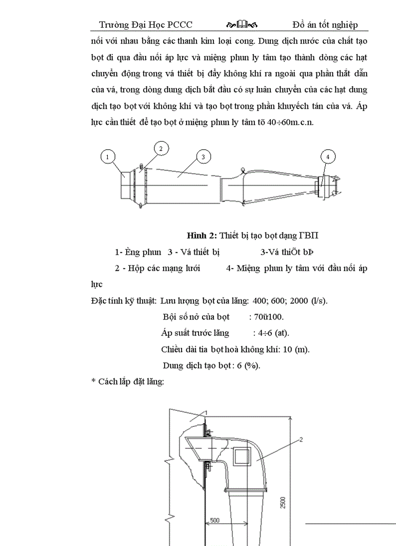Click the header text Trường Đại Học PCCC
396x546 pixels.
(x=146, y=24)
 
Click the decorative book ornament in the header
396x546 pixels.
(x=242, y=24)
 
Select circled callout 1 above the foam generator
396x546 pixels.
(x=108, y=156)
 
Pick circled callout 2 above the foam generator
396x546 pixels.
(x=162, y=148)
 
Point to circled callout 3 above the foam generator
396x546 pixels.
(x=203, y=156)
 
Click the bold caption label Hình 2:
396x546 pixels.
(x=202, y=236)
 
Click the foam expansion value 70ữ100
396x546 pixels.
(x=266, y=317)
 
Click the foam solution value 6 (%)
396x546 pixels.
(x=248, y=366)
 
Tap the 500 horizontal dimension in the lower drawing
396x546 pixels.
(x=214, y=520)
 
